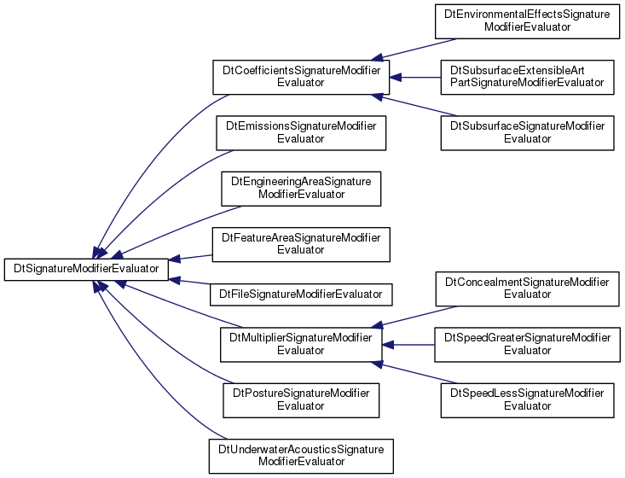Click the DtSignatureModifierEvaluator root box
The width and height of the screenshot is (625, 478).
click(x=86, y=270)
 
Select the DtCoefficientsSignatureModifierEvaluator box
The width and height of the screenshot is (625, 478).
click(x=301, y=78)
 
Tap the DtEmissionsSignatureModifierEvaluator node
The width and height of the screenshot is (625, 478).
click(x=301, y=133)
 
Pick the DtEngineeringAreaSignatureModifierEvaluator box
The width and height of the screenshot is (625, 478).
click(x=301, y=189)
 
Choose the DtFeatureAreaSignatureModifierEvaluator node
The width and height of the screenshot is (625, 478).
click(x=301, y=245)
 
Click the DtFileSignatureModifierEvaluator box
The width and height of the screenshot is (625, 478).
click(x=301, y=294)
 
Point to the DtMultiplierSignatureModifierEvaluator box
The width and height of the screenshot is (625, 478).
click(x=301, y=345)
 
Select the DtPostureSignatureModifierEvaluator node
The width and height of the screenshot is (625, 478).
click(x=301, y=400)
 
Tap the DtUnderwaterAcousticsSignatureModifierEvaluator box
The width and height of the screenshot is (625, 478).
click(x=301, y=457)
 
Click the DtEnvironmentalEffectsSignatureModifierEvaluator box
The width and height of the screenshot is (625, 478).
click(x=527, y=21)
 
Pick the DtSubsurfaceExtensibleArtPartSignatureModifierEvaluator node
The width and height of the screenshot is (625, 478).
click(x=527, y=78)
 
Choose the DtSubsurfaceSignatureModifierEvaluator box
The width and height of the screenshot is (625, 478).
click(x=527, y=133)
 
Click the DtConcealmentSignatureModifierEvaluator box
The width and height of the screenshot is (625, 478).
click(x=527, y=289)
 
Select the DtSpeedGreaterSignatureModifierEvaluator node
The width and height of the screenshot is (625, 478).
click(x=527, y=345)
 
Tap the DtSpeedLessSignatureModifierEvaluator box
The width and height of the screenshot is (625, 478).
click(x=527, y=400)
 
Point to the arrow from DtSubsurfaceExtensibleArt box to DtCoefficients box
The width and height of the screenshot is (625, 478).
click(x=415, y=78)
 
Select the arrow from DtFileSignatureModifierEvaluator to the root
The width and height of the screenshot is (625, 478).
click(x=189, y=282)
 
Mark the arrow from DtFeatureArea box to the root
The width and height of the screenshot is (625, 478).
click(x=190, y=258)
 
